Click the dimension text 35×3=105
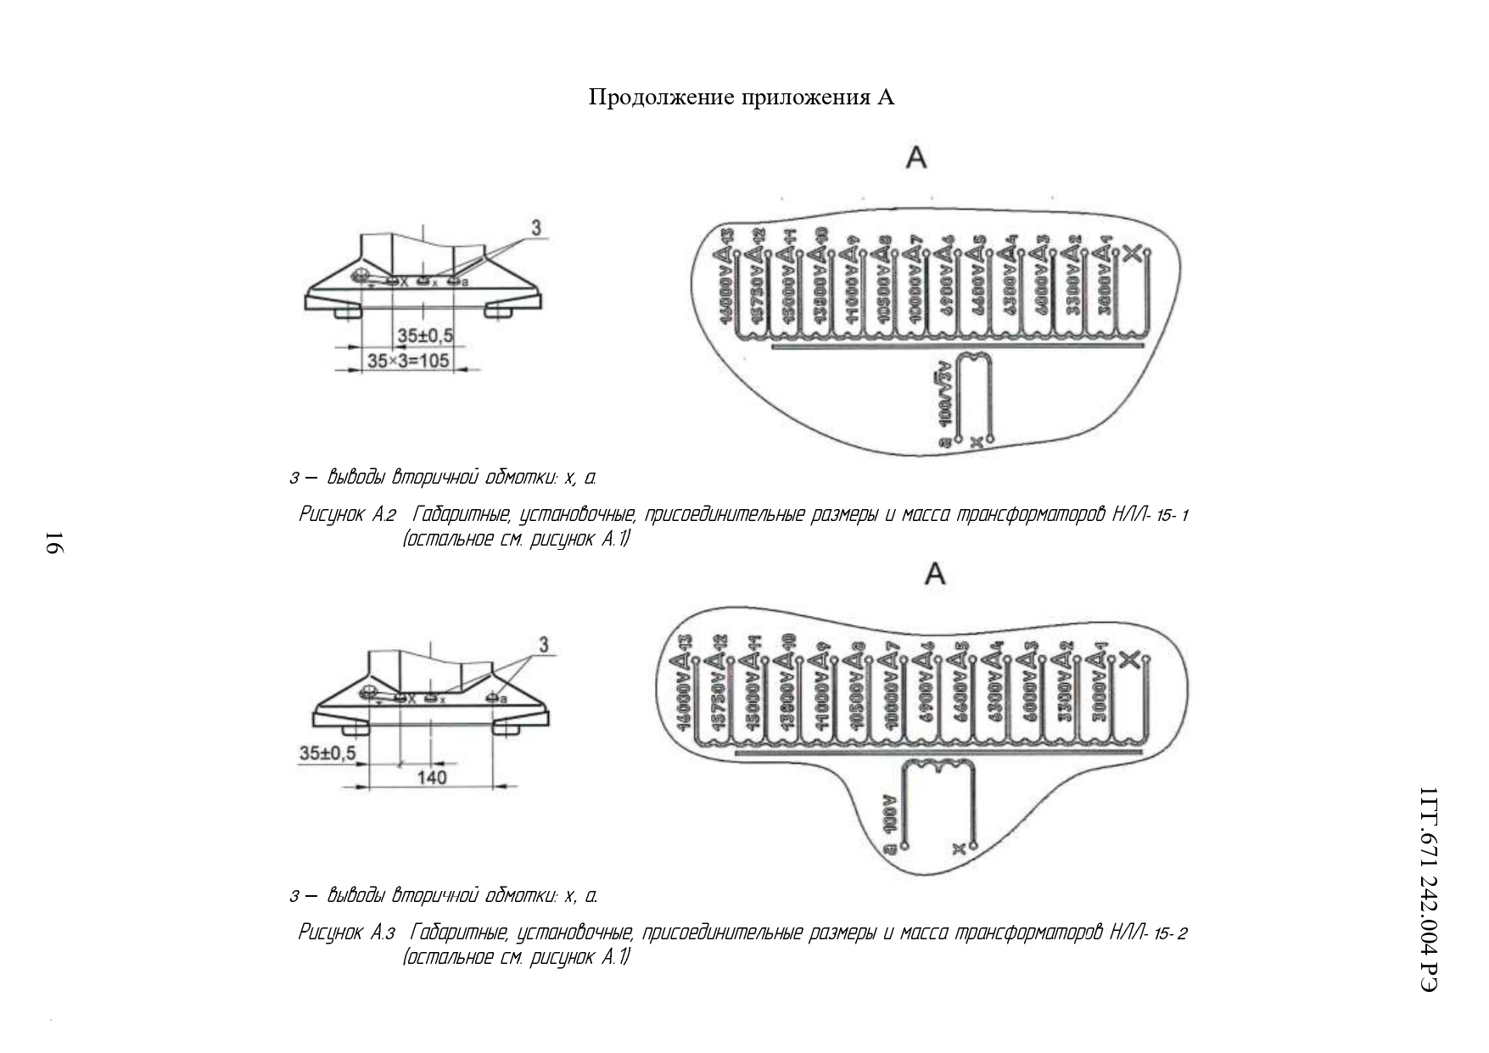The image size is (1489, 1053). [407, 361]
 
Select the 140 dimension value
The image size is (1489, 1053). [432, 776]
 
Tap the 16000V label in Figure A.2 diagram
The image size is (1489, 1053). [725, 293]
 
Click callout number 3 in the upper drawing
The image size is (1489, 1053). [536, 227]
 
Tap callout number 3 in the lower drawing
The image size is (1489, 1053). [544, 645]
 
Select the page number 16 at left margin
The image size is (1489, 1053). [53, 542]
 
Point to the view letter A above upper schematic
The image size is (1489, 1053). [916, 158]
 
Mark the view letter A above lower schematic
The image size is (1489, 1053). [934, 574]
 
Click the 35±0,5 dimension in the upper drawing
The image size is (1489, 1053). [425, 336]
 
